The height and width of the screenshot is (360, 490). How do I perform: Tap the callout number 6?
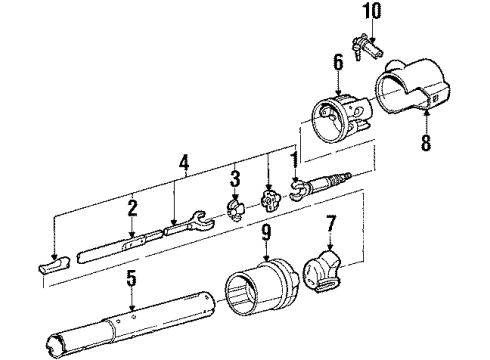click(x=338, y=62)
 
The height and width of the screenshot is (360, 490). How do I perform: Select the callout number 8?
click(x=426, y=143)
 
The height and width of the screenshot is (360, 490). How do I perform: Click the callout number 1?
click(x=295, y=158)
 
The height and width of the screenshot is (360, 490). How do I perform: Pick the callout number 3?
click(x=234, y=179)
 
